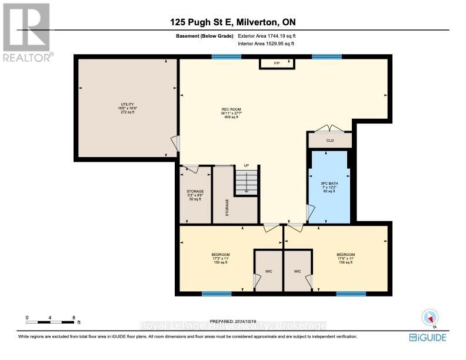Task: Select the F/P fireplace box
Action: pyautogui.click(x=277, y=63)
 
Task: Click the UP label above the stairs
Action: pyautogui.click(x=239, y=166)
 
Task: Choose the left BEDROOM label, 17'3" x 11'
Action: pyautogui.click(x=220, y=258)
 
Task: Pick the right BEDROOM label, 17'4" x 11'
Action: pyautogui.click(x=346, y=258)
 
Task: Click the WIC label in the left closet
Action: pyautogui.click(x=268, y=272)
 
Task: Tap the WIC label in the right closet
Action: pyautogui.click(x=298, y=272)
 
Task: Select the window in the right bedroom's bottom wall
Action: pyautogui.click(x=347, y=294)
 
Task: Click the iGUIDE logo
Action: pyautogui.click(x=427, y=337)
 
